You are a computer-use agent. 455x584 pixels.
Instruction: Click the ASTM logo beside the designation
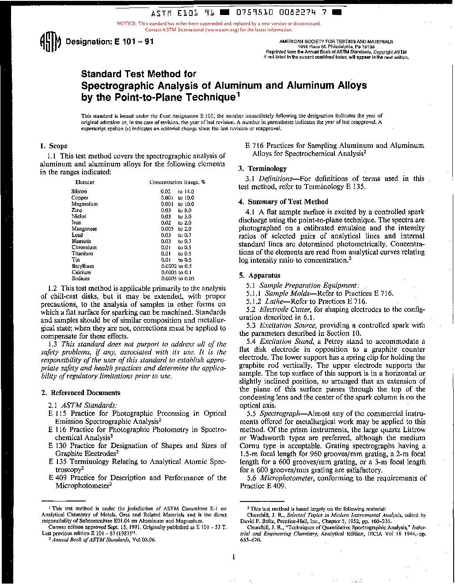[x=50, y=42]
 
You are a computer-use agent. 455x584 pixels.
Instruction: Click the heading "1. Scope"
[x=53, y=146]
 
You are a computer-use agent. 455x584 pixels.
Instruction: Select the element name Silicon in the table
[x=79, y=192]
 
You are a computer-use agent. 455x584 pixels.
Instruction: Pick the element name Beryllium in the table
[x=83, y=266]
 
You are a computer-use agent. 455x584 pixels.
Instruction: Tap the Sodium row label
[x=80, y=279]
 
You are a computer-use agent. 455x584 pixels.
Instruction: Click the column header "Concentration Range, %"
[x=177, y=182]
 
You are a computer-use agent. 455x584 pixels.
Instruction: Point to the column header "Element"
[x=84, y=182]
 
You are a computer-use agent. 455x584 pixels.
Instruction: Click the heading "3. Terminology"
[x=262, y=169]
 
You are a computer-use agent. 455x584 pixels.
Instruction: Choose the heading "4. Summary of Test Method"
[x=283, y=202]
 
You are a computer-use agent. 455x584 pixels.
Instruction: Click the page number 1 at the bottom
[x=233, y=557]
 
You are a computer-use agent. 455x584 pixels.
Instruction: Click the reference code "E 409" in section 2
[x=57, y=478]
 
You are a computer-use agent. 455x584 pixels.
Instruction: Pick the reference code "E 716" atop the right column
[x=254, y=146]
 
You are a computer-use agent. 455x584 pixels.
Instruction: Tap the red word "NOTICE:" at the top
[x=127, y=24]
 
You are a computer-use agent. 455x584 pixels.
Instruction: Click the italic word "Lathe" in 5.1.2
[x=274, y=301]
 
